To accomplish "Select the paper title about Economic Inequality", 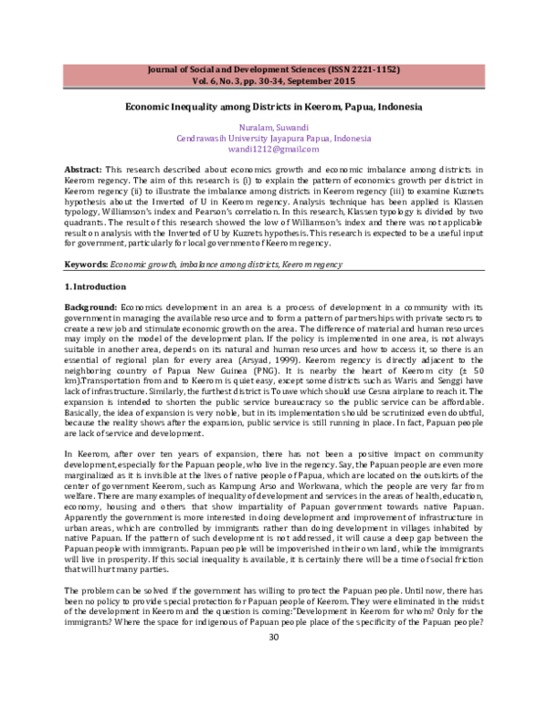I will [x=273, y=107].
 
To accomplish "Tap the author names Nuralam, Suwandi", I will [x=274, y=129].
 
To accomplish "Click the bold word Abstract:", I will [x=83, y=171].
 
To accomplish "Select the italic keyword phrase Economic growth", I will [x=142, y=238].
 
